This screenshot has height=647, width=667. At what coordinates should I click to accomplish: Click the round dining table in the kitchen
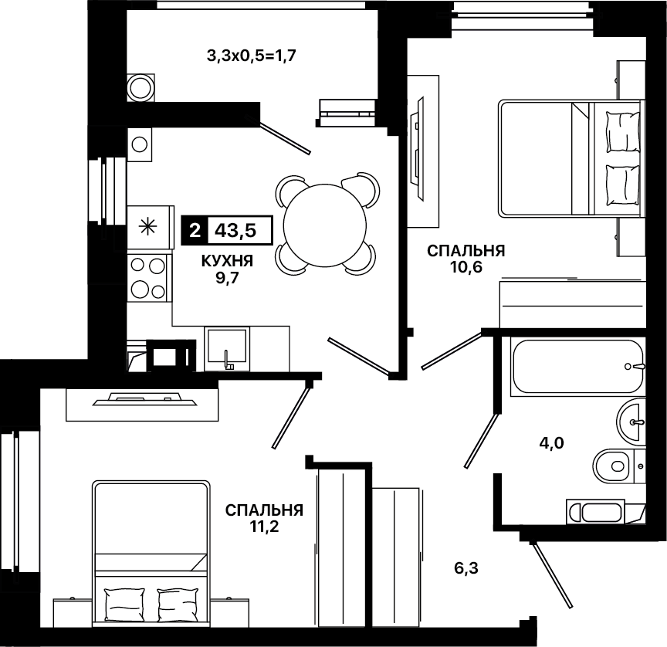[325, 225]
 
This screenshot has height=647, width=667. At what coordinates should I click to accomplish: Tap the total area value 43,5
[235, 231]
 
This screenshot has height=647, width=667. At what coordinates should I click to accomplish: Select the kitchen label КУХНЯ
[227, 261]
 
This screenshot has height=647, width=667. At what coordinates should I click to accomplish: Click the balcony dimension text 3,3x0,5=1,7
[252, 56]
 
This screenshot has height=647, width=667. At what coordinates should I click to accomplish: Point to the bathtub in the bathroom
[578, 366]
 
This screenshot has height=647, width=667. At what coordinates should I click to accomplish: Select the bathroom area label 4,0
[551, 444]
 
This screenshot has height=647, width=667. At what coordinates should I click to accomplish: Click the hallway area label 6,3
[466, 568]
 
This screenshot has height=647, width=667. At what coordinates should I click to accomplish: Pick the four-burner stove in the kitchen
[148, 278]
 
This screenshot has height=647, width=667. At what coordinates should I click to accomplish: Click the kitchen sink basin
[226, 348]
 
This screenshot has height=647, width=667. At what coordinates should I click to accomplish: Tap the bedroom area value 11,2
[264, 527]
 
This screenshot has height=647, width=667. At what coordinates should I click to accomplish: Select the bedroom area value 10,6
[466, 268]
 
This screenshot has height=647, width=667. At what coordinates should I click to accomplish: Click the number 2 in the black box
[195, 231]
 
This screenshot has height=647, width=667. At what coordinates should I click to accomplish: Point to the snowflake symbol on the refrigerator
[148, 226]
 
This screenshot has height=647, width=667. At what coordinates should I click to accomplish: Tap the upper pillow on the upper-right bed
[622, 132]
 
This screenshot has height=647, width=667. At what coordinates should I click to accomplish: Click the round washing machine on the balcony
[141, 88]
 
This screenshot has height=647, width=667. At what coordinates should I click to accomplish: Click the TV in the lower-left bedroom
[144, 399]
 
